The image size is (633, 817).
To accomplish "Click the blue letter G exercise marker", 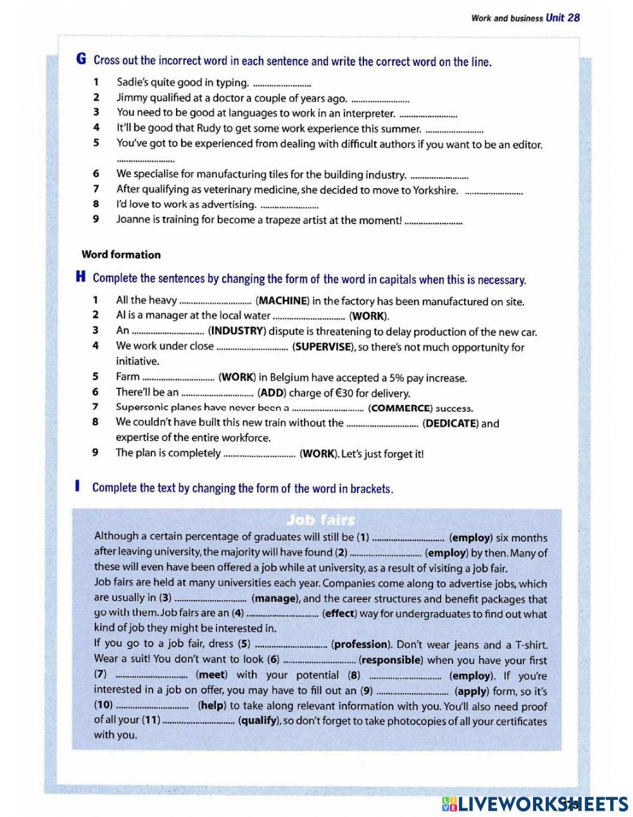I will pos(80,59).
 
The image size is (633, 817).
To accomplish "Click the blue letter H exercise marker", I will pos(80,277).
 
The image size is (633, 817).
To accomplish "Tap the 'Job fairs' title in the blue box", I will pos(320,520).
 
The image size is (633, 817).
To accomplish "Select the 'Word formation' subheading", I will pos(121,254).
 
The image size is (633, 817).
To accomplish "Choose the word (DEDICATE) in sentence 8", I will pos(450,423).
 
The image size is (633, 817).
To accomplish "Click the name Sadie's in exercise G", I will pos(132,82).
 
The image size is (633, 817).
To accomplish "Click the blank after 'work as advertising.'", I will pos(289,206).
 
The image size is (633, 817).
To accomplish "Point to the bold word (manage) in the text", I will pos(274,598).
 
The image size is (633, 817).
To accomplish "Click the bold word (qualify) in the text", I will pos(259,721).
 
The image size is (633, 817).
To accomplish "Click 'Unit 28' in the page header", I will pos(562,18).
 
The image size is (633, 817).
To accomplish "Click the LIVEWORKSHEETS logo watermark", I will pos(535,804).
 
